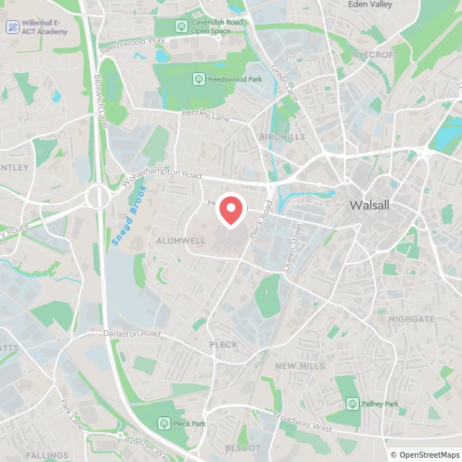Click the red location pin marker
pos(231,211)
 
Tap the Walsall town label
pos(369,205)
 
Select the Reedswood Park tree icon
pos(199,79)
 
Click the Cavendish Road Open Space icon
pos(181,26)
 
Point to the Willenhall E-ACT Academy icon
pos(13,27)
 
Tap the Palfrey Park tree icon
pos(352,404)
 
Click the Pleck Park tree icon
pos(164,424)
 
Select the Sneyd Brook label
pos(129,217)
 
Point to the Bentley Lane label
pos(205,113)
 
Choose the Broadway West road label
pos(302,424)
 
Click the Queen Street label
pos(293,248)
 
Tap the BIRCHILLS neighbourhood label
pos(282,136)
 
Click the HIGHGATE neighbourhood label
pos(411,318)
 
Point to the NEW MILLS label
pos(300,366)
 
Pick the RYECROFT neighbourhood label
pos(375,54)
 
